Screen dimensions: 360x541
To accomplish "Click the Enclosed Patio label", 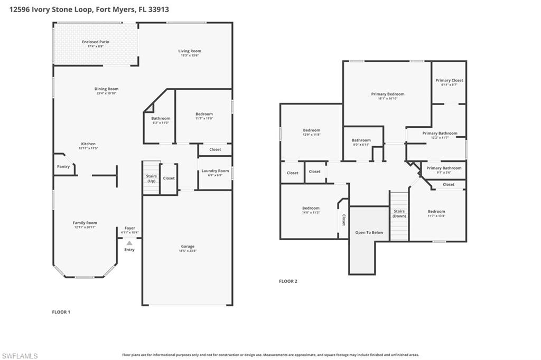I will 96,42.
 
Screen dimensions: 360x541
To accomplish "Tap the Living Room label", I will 190,51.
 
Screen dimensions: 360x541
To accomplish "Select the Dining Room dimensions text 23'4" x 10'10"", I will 106,93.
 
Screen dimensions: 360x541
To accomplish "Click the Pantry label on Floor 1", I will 63,167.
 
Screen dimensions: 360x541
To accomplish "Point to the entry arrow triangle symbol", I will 129,243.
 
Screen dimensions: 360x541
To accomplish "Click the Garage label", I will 188,247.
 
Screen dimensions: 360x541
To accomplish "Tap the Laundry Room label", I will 215,170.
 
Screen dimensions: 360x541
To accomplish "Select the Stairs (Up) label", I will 151,178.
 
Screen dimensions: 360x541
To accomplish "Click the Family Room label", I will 85,223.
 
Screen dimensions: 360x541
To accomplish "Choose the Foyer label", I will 129,228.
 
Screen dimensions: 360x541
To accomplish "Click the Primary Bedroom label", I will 387,94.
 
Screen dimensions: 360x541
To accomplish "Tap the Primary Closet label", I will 449,80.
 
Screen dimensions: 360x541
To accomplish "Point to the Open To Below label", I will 369,232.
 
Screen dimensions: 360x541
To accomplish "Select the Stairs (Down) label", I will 399,213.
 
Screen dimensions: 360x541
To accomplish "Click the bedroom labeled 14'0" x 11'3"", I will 311,208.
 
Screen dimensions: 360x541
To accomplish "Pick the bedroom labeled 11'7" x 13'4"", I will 436,211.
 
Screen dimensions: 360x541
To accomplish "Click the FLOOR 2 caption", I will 288,281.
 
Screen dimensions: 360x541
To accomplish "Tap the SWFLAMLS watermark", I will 20,356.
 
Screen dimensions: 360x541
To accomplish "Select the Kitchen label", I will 88,144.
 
